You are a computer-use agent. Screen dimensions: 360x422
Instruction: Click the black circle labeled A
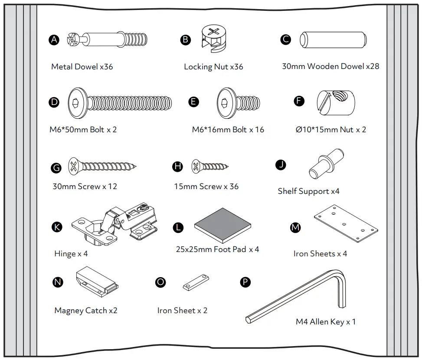pyautogui.click(x=54, y=40)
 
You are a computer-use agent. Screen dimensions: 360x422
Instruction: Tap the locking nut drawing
pyautogui.click(x=214, y=39)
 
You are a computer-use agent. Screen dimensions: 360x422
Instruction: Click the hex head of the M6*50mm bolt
pyautogui.click(x=77, y=103)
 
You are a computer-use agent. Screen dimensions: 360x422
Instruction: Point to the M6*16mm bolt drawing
pyautogui.click(x=238, y=103)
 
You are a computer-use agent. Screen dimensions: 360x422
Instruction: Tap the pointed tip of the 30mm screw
pyautogui.click(x=136, y=166)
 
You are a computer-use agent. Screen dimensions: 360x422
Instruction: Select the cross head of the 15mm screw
pyautogui.click(x=196, y=166)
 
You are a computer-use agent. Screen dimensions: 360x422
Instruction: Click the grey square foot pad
pyautogui.click(x=223, y=226)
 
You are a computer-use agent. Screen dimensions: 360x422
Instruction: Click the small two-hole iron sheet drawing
pyautogui.click(x=196, y=283)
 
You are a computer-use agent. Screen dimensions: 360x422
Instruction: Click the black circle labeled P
pyautogui.click(x=245, y=282)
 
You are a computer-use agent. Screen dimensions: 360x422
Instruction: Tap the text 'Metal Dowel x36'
pyautogui.click(x=82, y=67)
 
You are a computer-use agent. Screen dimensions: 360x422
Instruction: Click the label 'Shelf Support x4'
pyautogui.click(x=308, y=191)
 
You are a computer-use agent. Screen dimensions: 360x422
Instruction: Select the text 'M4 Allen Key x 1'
pyautogui.click(x=325, y=322)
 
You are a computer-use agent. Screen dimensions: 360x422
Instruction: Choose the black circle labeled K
pyautogui.click(x=56, y=227)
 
